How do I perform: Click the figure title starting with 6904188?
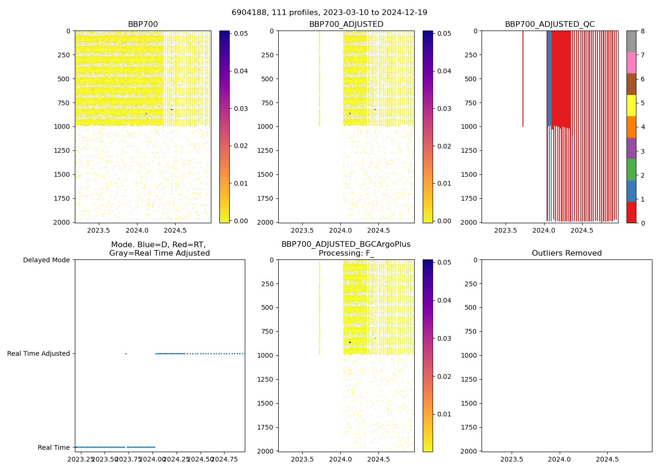(x=329, y=13)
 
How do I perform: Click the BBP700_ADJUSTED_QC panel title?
(x=549, y=24)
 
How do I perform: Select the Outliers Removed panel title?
(x=566, y=253)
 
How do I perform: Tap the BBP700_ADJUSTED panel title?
(x=346, y=24)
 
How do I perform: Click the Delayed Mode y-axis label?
(x=46, y=260)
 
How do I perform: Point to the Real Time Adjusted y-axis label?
(x=39, y=353)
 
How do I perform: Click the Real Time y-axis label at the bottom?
(x=54, y=447)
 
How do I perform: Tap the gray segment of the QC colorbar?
(x=631, y=41)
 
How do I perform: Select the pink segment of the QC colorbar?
(x=631, y=63)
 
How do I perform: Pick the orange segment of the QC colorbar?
(x=631, y=127)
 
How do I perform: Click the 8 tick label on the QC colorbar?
(x=642, y=31)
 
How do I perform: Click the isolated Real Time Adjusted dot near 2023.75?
(x=126, y=353)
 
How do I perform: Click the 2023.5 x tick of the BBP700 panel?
(x=99, y=231)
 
